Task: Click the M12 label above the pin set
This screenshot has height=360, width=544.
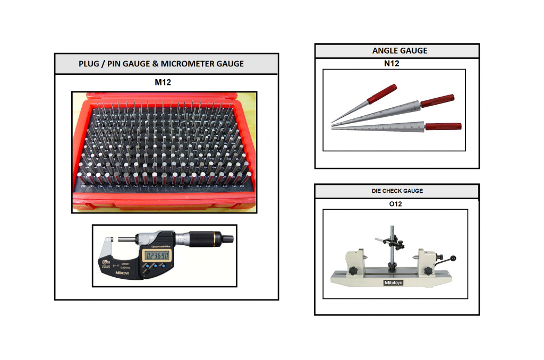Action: (166, 83)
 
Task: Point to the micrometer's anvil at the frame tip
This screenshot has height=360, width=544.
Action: (108, 246)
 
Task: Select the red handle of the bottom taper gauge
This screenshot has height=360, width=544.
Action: (443, 126)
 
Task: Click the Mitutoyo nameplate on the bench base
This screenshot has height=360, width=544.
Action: (394, 282)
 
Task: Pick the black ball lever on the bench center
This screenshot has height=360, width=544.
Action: (454, 260)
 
